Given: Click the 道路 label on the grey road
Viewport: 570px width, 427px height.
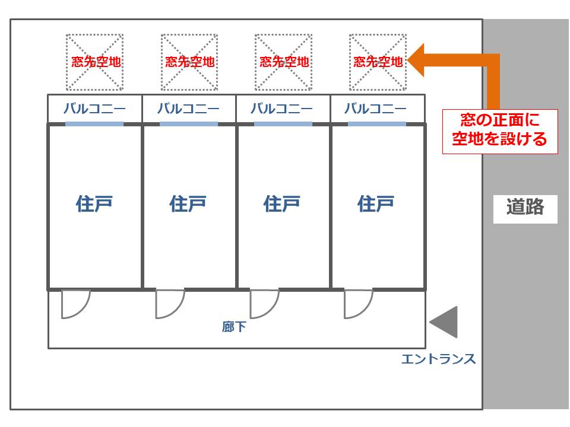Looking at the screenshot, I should (525, 208).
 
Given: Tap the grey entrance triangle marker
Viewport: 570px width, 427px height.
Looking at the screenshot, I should (444, 323).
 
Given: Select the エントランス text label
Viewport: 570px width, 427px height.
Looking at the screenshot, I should (438, 359).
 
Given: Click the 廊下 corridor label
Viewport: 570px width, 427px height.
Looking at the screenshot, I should (234, 327).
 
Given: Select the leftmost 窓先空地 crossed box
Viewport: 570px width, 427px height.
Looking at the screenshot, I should (95, 62).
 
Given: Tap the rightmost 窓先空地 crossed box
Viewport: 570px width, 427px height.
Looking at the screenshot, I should (378, 62).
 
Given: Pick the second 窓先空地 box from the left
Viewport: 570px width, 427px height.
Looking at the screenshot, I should (189, 62).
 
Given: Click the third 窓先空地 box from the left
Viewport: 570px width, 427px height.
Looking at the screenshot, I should (283, 62).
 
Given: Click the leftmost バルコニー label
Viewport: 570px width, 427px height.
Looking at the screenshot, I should (95, 109).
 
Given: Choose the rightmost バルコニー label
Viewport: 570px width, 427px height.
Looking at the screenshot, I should (376, 109).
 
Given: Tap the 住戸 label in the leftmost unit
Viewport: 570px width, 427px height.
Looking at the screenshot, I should (94, 204).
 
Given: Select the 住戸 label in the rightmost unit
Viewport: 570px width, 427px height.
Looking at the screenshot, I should (376, 204).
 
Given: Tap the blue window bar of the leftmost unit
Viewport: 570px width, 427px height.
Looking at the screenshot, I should (94, 124).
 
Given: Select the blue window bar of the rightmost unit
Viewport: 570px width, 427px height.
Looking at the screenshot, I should (376, 124).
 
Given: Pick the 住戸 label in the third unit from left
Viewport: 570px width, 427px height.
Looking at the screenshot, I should (282, 204).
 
